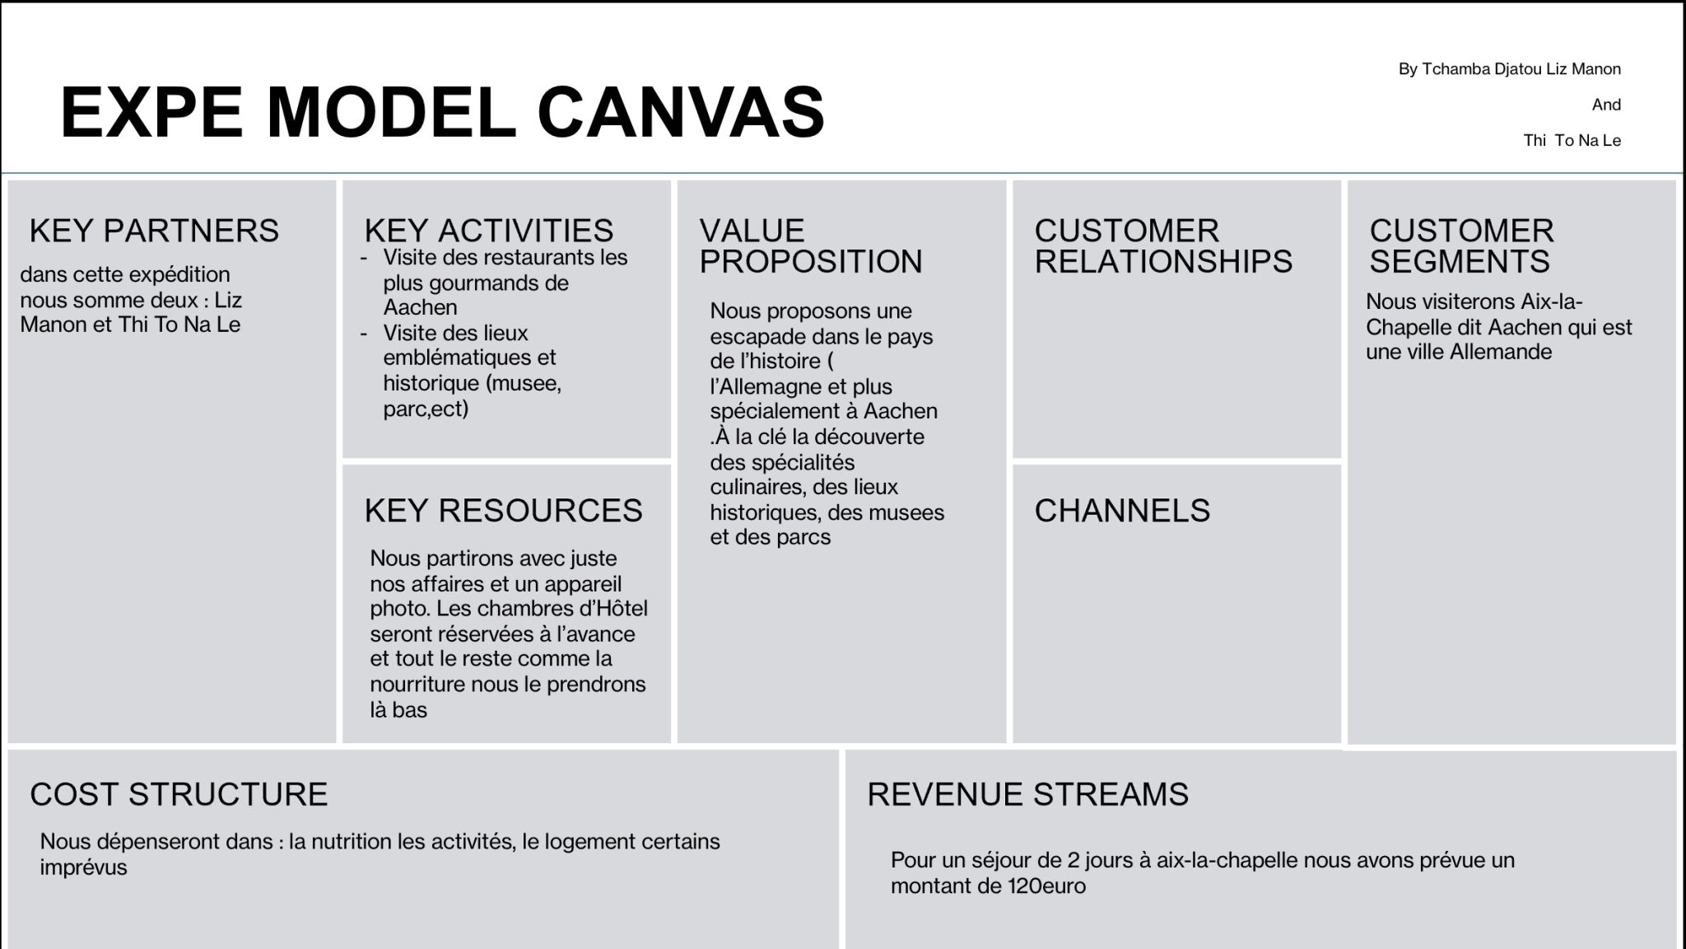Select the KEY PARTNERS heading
click(x=154, y=231)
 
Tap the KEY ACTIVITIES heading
click(x=489, y=231)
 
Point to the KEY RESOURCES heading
click(x=503, y=511)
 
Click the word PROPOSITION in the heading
click(x=811, y=262)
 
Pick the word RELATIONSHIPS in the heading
click(x=1163, y=262)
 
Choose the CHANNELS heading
click(x=1122, y=511)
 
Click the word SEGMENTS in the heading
click(x=1460, y=262)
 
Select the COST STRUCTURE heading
click(x=179, y=794)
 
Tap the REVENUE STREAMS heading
click(x=1028, y=794)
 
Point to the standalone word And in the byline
click(x=1606, y=105)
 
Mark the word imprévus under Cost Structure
click(x=83, y=868)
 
